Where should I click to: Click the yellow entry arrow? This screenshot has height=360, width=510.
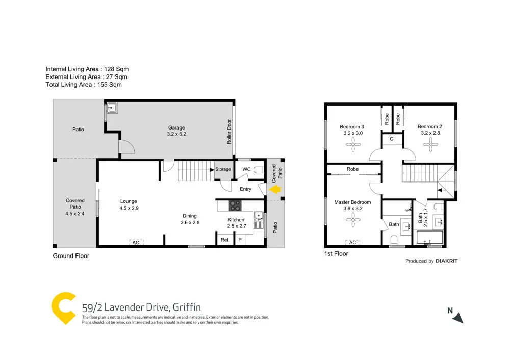[x=275, y=190]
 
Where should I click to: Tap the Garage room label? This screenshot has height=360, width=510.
[x=176, y=127]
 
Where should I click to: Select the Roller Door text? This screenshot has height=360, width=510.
[x=229, y=132]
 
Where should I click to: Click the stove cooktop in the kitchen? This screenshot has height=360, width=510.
[x=235, y=205]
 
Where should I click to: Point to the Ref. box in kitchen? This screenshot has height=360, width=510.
[x=224, y=240]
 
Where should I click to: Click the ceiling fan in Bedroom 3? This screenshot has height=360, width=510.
[x=352, y=146]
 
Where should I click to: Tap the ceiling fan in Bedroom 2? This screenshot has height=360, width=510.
[x=429, y=146]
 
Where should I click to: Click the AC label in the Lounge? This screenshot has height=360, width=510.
[x=136, y=243]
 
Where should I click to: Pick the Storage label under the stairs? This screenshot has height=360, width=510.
[x=223, y=169]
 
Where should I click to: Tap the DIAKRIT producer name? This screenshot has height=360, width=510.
[x=447, y=261]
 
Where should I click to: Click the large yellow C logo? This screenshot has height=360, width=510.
[x=64, y=308]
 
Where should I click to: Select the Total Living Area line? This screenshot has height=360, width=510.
[x=84, y=85]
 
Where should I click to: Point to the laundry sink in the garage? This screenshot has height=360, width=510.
[x=112, y=109]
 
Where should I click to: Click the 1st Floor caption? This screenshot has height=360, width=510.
[x=336, y=253]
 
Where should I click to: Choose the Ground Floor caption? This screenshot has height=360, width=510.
[x=71, y=256]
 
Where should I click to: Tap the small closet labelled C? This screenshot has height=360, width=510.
[x=391, y=139]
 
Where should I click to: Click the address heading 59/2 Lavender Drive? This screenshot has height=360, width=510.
[x=141, y=307]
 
